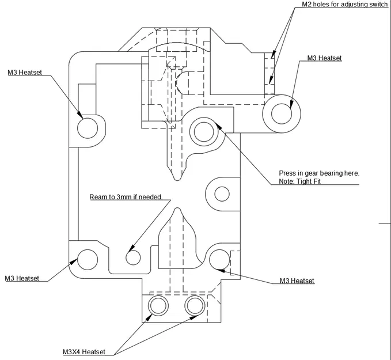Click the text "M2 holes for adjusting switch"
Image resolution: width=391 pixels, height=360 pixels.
click(346, 5)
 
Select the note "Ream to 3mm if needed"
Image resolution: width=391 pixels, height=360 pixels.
click(125, 197)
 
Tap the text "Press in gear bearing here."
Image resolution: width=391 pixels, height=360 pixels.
click(318, 173)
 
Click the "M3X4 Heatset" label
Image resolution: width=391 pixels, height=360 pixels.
click(84, 352)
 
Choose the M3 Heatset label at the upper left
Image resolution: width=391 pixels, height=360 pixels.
click(25, 73)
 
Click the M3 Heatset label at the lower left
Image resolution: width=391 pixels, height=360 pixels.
click(22, 278)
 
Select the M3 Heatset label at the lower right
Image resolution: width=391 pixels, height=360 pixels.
click(297, 281)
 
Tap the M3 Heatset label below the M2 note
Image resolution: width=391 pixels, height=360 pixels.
click(324, 58)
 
